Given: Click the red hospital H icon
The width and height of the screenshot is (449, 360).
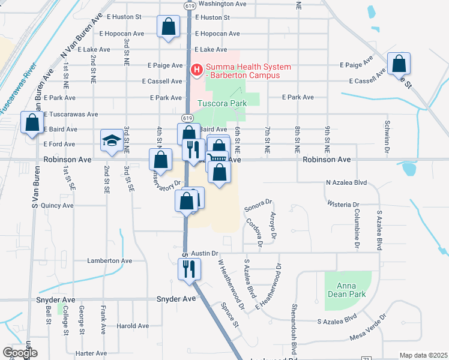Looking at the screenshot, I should pyautogui.click(x=196, y=70).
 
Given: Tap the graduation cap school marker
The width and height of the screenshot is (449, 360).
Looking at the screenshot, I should pyautogui.click(x=111, y=141).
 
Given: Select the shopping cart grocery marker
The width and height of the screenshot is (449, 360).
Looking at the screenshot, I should pyautogui.click(x=217, y=159).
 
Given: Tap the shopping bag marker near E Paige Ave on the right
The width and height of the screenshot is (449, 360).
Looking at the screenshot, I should pyautogui.click(x=399, y=64).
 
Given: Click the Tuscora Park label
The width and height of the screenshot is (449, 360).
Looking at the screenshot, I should pyautogui.click(x=223, y=103).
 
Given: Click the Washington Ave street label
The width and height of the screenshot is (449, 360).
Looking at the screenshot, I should pyautogui.click(x=223, y=3).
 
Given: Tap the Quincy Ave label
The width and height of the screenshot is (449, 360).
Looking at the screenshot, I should pyautogui.click(x=58, y=205).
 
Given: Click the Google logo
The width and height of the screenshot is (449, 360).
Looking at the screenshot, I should pyautogui.click(x=19, y=353).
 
